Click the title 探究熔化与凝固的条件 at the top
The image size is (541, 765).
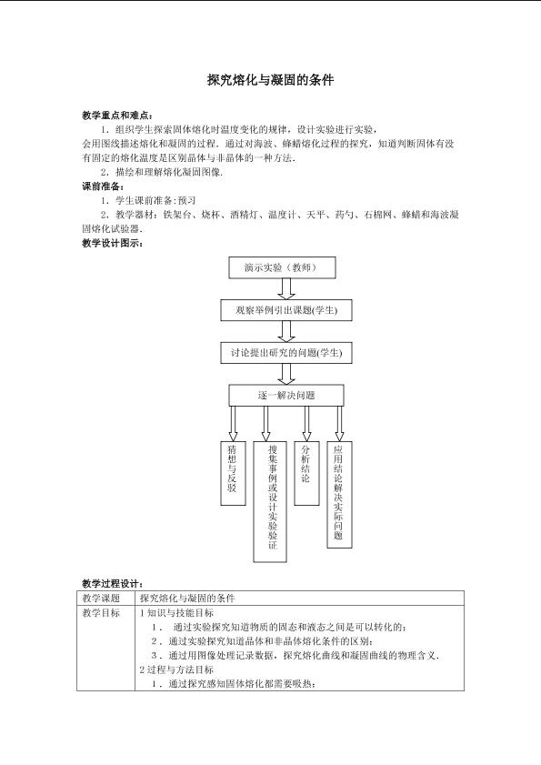[270, 80]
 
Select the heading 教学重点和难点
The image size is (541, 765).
[117, 116]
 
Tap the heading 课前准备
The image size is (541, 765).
[103, 186]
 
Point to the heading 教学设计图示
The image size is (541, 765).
[112, 243]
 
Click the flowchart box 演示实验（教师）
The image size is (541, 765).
[283, 267]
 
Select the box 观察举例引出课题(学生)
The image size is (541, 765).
[286, 310]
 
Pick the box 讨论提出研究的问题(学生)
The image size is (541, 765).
[286, 353]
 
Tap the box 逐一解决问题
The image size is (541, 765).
[286, 395]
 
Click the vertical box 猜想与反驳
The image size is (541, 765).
[233, 473]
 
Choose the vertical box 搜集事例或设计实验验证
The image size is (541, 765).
[270, 501]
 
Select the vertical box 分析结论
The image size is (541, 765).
[306, 473]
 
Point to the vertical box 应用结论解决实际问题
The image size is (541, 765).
[339, 495]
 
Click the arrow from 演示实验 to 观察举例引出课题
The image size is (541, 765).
[286, 289]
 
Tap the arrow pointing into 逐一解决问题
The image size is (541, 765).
[286, 374]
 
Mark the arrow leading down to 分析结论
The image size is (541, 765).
[306, 424]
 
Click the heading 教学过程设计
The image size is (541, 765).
[112, 583]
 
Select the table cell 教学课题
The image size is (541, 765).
[101, 599]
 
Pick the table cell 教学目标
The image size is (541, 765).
[101, 613]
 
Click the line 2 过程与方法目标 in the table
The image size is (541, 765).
[176, 669]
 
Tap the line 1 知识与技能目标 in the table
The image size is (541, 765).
[176, 613]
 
